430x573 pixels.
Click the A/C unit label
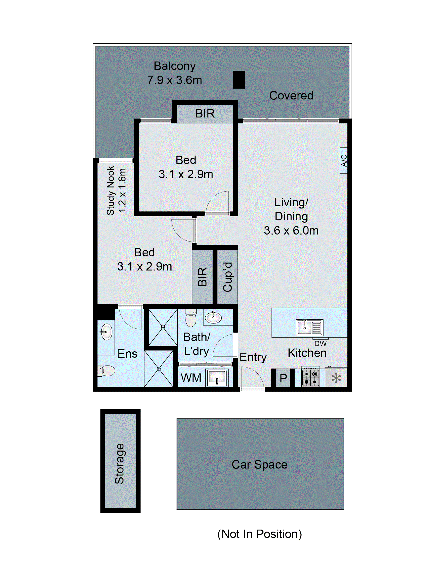click(343, 160)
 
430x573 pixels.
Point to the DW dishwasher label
click(320, 344)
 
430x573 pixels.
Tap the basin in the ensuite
click(106, 332)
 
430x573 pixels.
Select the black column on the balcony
click(239, 80)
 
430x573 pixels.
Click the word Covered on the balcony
click(291, 95)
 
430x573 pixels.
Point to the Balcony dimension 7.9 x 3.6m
click(174, 80)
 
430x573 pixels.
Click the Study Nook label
click(110, 190)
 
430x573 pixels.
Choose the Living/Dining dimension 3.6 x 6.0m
click(291, 230)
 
